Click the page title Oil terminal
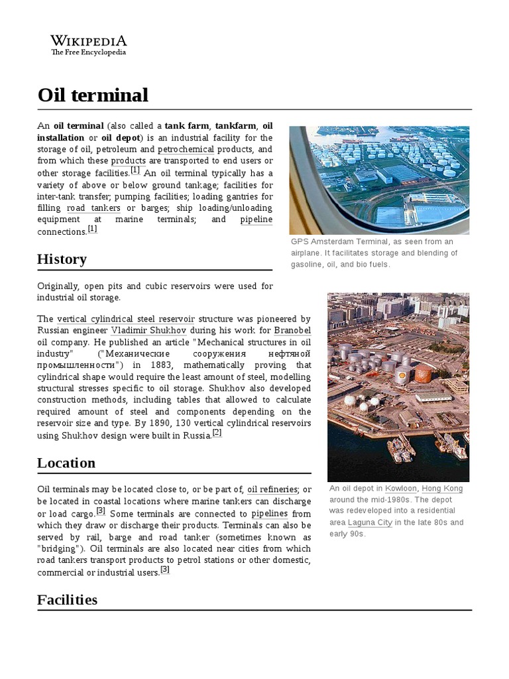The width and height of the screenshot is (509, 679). click(93, 95)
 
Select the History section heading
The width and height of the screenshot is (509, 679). click(62, 259)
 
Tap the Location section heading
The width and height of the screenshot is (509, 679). click(66, 463)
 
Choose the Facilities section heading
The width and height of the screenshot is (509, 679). click(67, 599)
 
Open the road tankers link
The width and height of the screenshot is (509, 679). click(93, 208)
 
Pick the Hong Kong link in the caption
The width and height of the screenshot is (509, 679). click(442, 489)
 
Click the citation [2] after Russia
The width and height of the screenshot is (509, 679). click(217, 433)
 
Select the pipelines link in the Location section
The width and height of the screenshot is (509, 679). click(269, 514)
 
